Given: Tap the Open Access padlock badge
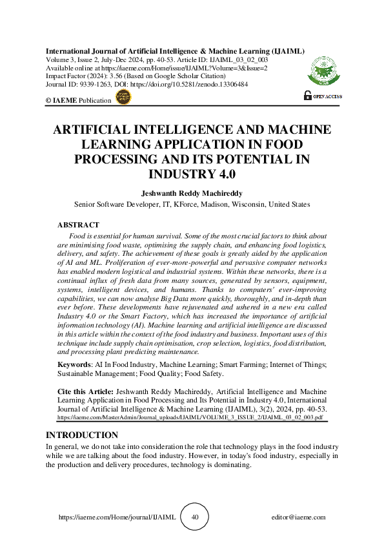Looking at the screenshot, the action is [x=323, y=96].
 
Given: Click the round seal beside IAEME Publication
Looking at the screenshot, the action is [x=122, y=98].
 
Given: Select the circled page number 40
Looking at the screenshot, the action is [x=195, y=517].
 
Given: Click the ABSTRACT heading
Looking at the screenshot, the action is [x=78, y=225].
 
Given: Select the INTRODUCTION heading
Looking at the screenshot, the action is [x=81, y=435].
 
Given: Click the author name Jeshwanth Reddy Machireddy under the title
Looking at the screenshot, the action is [x=192, y=192].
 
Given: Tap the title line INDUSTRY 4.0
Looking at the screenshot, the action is [x=192, y=173].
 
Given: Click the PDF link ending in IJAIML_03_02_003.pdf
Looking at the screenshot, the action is [x=186, y=417].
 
